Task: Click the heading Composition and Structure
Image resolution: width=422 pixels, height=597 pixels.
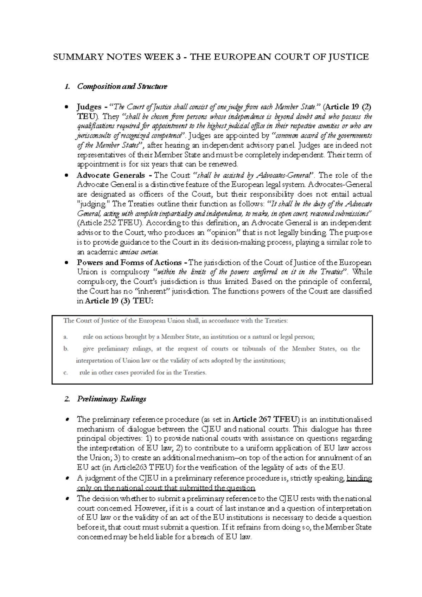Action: coord(122,86)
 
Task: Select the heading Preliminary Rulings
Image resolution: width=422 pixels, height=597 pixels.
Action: coord(111,399)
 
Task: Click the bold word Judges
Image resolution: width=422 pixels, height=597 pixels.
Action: coord(89,107)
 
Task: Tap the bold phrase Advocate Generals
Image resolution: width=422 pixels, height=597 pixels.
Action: coord(111,175)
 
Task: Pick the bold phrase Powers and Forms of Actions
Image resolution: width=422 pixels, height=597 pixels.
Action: coord(129,262)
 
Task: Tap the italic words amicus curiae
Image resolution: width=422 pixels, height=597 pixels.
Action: coord(139,252)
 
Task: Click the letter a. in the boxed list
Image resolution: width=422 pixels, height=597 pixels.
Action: coord(65,337)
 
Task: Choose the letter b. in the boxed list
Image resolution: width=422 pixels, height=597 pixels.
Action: coord(65,349)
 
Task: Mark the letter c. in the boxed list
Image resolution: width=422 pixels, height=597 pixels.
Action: coord(65,373)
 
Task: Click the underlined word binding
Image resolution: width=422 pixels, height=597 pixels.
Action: coord(359,478)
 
